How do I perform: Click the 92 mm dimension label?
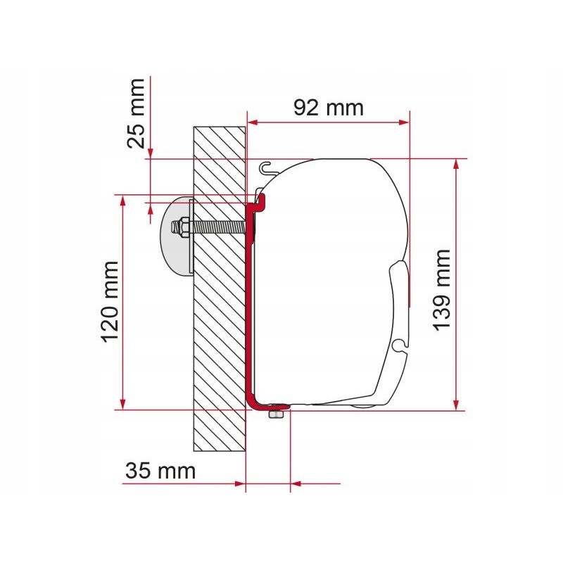[329, 107]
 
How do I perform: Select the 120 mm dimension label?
[111, 301]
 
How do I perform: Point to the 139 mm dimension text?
[441, 289]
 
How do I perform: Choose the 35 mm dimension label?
[160, 471]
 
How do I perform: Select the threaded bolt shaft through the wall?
[218, 229]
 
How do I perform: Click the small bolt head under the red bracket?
[275, 416]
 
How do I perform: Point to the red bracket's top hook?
[258, 203]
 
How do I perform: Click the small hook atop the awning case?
[265, 167]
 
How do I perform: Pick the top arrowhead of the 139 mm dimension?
[458, 164]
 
